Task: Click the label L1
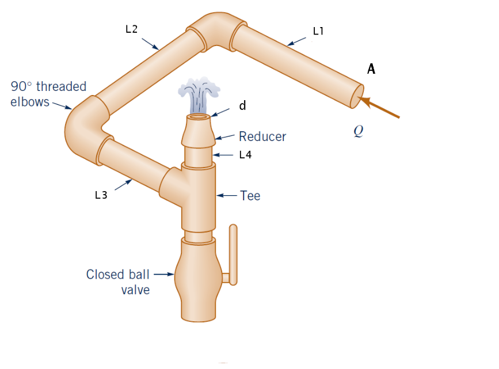[318, 32]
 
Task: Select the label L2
[131, 29]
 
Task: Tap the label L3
[101, 195]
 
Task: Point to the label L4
[245, 155]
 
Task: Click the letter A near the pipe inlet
[371, 70]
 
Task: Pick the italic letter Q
[359, 131]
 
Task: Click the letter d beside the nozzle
[243, 106]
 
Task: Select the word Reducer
[262, 136]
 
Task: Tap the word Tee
[250, 196]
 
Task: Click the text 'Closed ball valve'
[118, 281]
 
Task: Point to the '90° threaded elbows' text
[48, 94]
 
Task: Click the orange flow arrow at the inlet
[380, 109]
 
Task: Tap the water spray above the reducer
[199, 94]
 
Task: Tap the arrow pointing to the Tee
[227, 196]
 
